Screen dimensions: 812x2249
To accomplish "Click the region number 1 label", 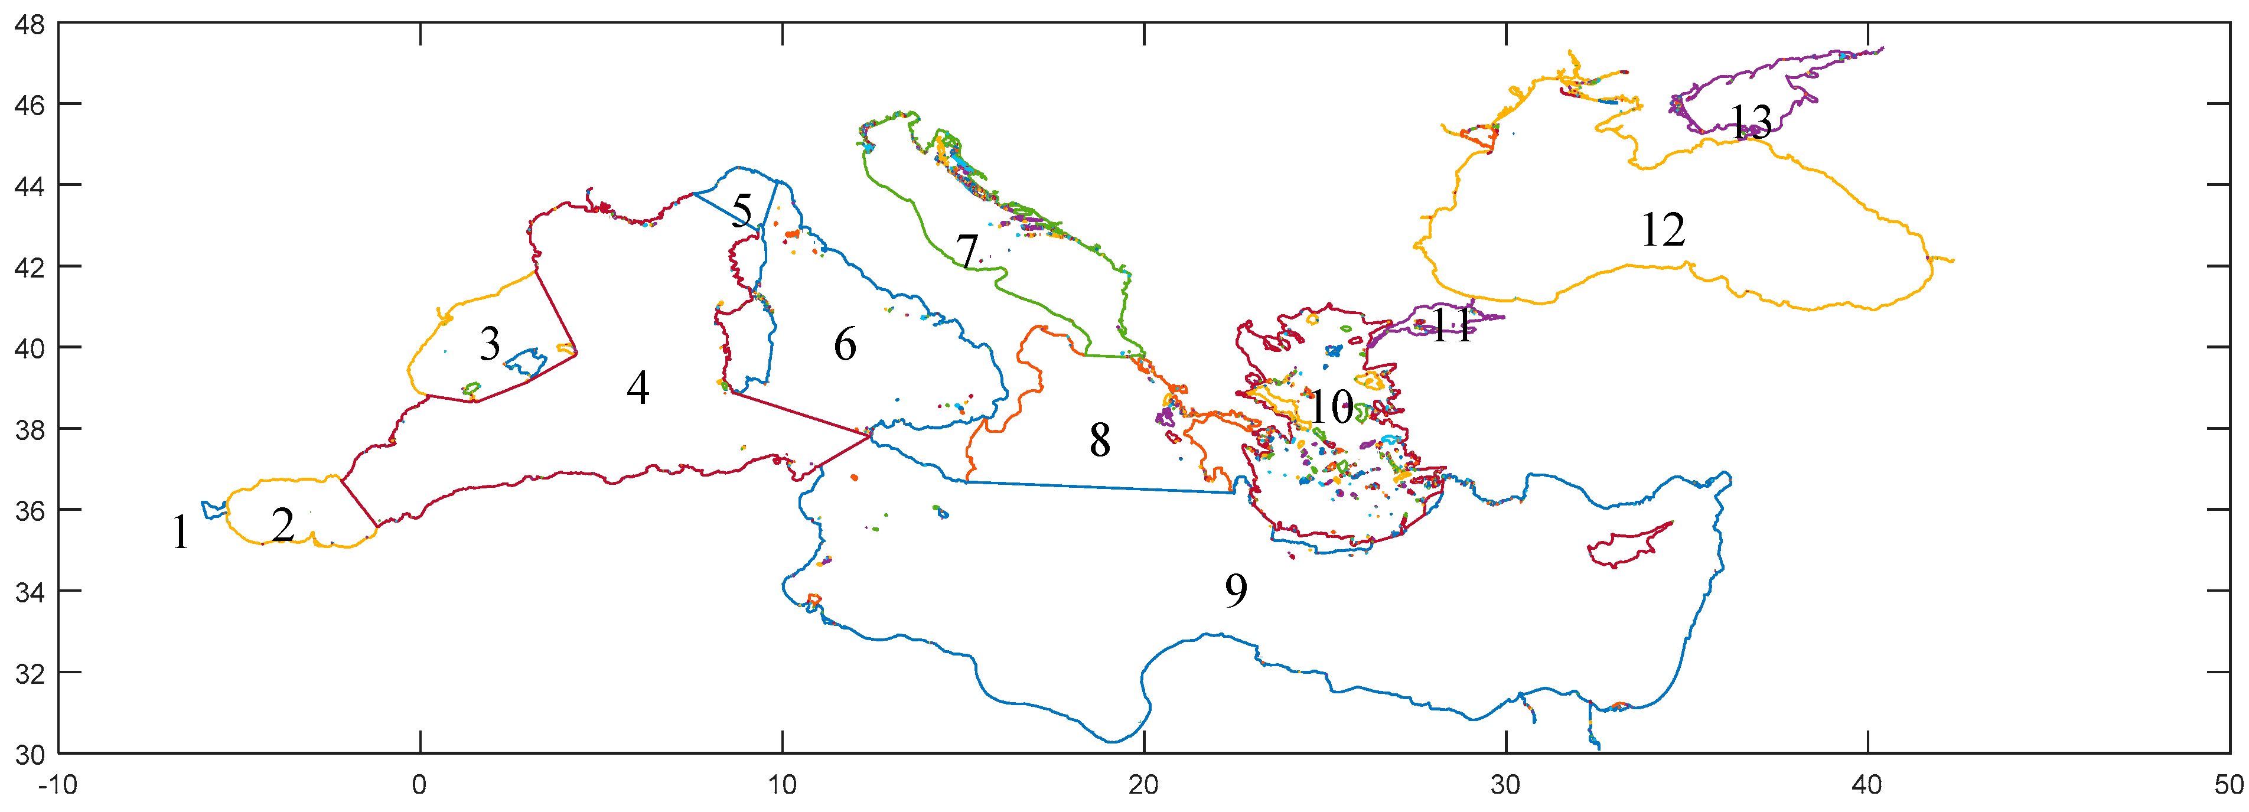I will (180, 531).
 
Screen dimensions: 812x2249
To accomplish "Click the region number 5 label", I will (741, 210).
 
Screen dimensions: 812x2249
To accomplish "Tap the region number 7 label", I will (966, 250).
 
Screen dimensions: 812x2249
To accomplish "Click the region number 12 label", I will (1663, 230).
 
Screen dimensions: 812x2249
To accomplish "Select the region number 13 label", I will (1751, 122).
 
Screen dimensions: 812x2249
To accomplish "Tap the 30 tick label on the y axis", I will (29, 754).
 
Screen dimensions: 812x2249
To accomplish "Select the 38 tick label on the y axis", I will (29, 429).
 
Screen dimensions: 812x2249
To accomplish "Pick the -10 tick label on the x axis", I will (58, 785).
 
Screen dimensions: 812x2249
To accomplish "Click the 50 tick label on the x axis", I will (2229, 785).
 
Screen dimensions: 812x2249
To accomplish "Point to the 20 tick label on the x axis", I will (1144, 785).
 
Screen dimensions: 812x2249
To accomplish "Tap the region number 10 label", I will (1331, 407).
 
